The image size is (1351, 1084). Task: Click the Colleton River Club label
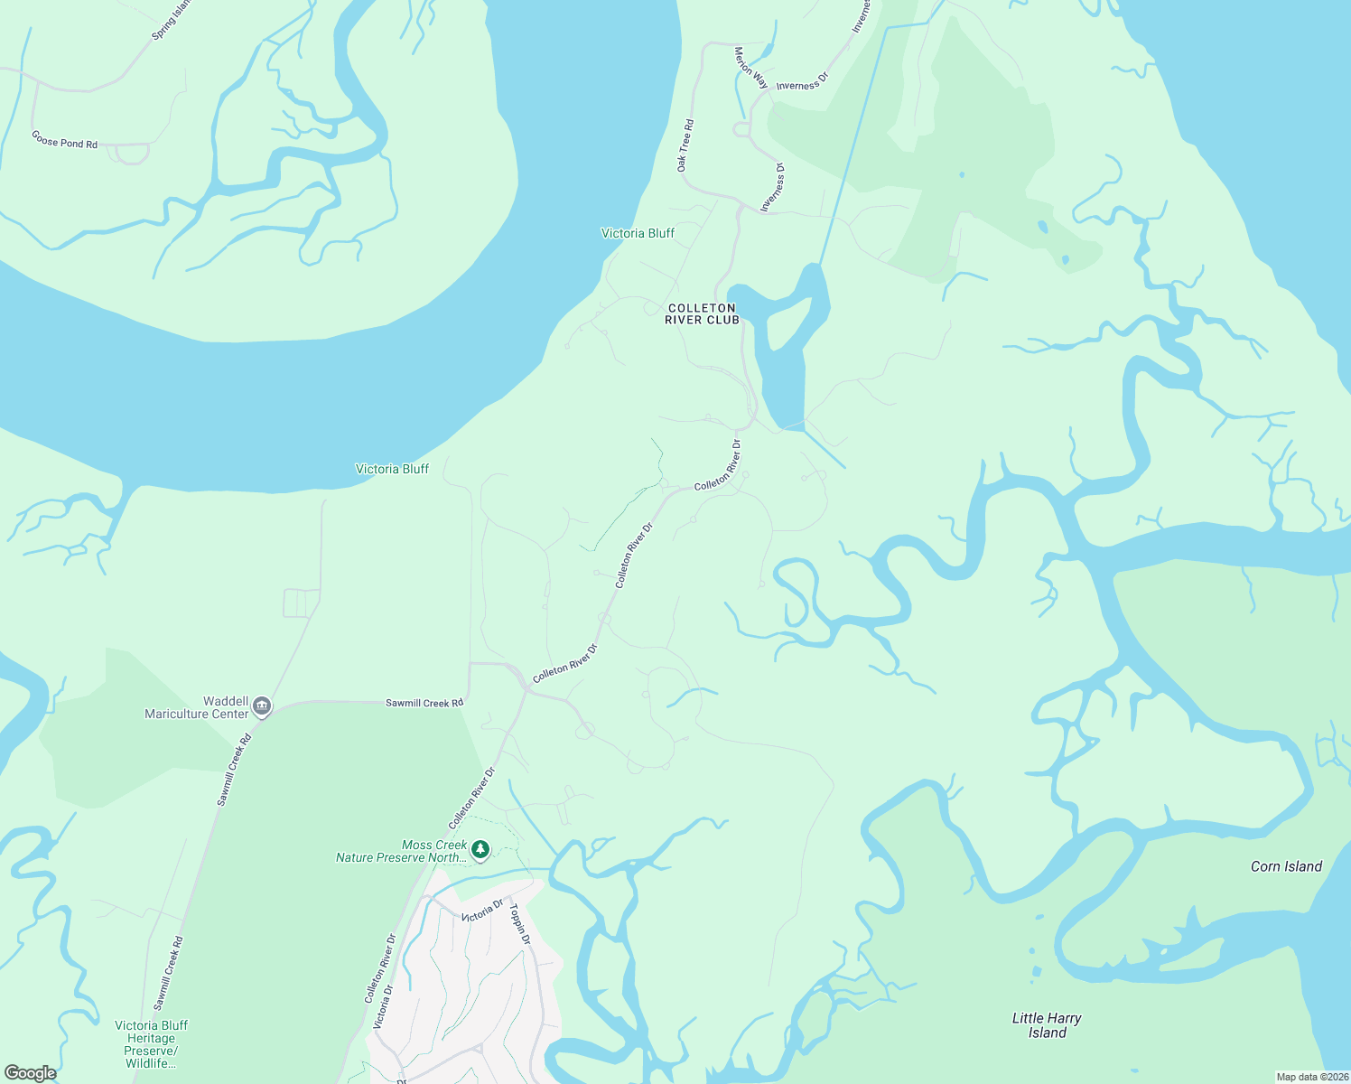point(702,313)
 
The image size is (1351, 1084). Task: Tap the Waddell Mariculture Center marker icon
point(262,706)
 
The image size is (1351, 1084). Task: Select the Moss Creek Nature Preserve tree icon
point(481,849)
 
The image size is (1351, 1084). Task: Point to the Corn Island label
point(1286,866)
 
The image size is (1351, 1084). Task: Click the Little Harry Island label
point(1047,1025)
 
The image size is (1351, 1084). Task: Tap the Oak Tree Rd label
point(685,145)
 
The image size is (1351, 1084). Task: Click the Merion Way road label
point(750,68)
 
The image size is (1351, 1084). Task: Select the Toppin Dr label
point(519,924)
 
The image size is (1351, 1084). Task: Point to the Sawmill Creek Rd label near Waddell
point(424,703)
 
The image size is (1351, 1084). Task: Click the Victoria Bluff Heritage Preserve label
point(151,1044)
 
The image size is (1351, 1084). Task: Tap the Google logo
point(30,1073)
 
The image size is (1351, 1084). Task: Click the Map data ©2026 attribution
point(1311,1077)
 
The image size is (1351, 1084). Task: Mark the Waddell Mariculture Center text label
point(197,707)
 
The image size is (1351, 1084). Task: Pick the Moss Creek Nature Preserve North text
point(402,851)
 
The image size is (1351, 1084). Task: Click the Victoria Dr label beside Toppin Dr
point(481,911)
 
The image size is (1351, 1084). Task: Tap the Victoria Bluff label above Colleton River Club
point(638,233)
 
